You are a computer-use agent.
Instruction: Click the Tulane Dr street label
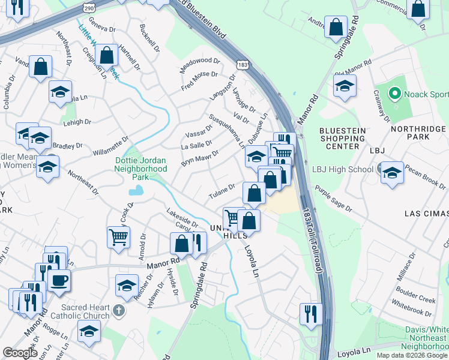click(x=221, y=191)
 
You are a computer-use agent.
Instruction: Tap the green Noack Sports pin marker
click(x=394, y=94)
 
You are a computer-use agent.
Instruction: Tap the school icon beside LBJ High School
click(x=391, y=173)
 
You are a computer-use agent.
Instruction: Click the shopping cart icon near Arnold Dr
click(x=119, y=236)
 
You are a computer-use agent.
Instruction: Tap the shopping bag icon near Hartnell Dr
click(x=106, y=55)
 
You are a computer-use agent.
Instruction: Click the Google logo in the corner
click(x=20, y=353)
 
